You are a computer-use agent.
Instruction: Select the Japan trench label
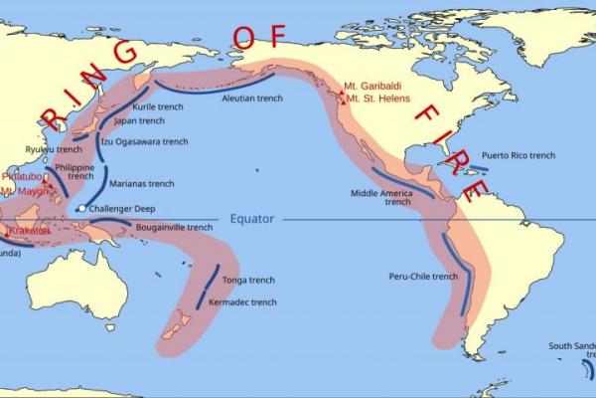click(140, 120)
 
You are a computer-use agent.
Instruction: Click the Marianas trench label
click(141, 183)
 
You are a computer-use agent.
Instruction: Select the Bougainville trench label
click(174, 227)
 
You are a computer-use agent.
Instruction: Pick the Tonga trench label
click(248, 281)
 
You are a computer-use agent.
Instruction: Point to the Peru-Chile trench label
click(424, 276)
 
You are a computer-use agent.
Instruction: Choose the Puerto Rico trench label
click(519, 155)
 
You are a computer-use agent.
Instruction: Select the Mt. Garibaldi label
click(375, 86)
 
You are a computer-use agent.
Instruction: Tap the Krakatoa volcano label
click(30, 230)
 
